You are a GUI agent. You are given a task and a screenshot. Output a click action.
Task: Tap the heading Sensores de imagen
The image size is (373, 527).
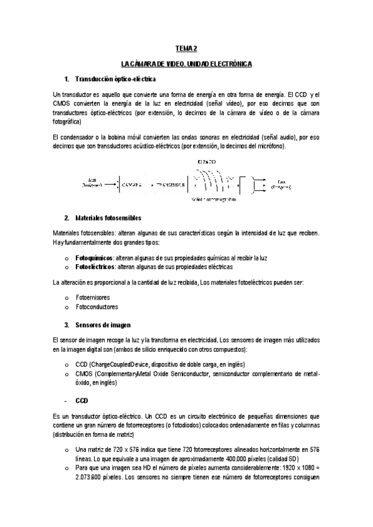103,325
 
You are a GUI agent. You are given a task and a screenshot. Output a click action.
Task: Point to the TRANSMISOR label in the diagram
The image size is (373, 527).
170,185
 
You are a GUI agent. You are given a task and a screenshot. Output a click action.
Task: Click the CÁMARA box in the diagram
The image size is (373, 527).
132,185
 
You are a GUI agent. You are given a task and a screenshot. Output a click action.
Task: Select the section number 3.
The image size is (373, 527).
66,325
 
